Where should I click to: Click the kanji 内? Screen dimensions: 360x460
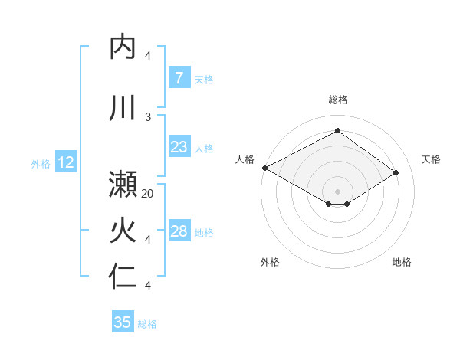pyautogui.click(x=123, y=47)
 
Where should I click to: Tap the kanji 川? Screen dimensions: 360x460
pyautogui.click(x=123, y=108)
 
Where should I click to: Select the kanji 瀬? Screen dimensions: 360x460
pyautogui.click(x=123, y=185)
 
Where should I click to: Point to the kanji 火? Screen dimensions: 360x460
pyautogui.click(x=123, y=230)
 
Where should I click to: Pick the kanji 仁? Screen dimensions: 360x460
pyautogui.click(x=123, y=276)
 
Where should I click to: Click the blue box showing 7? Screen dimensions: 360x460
pyautogui.click(x=179, y=78)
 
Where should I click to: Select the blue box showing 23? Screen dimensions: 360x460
pyautogui.click(x=179, y=147)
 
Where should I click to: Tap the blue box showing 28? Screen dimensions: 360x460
pyautogui.click(x=179, y=231)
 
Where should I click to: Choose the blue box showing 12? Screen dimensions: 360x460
pyautogui.click(x=65, y=162)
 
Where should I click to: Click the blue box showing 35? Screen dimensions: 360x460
pyautogui.click(x=123, y=322)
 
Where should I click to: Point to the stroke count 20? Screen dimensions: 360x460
pyautogui.click(x=149, y=194)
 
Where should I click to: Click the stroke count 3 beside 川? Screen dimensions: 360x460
pyautogui.click(x=149, y=116)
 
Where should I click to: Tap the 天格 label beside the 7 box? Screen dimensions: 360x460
pyautogui.click(x=204, y=79)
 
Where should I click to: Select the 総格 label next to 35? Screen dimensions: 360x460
pyautogui.click(x=147, y=324)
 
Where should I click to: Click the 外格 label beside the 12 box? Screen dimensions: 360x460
pyautogui.click(x=41, y=163)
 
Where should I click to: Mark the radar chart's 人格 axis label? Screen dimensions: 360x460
pyautogui.click(x=245, y=159)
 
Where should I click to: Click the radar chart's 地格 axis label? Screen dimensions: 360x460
pyautogui.click(x=402, y=262)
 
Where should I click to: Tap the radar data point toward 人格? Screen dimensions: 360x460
pyautogui.click(x=264, y=168)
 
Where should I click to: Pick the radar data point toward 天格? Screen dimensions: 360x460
pyautogui.click(x=396, y=173)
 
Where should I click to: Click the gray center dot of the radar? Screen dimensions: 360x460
pyautogui.click(x=337, y=190)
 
